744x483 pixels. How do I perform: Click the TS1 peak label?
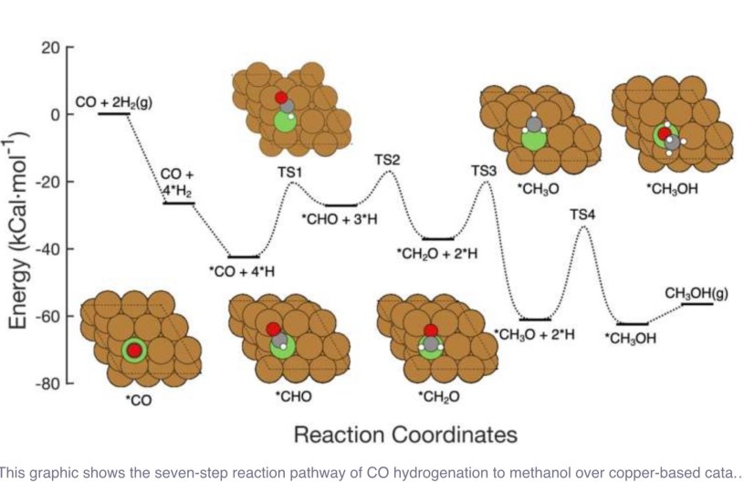(x=289, y=171)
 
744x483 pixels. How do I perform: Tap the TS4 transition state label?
(x=582, y=215)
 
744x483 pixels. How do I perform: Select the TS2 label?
(x=387, y=160)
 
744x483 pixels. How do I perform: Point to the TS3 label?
(x=484, y=171)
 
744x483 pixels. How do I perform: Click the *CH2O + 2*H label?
(x=437, y=253)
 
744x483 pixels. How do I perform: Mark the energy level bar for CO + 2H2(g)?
(x=114, y=114)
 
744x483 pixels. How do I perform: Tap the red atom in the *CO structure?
(x=134, y=351)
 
